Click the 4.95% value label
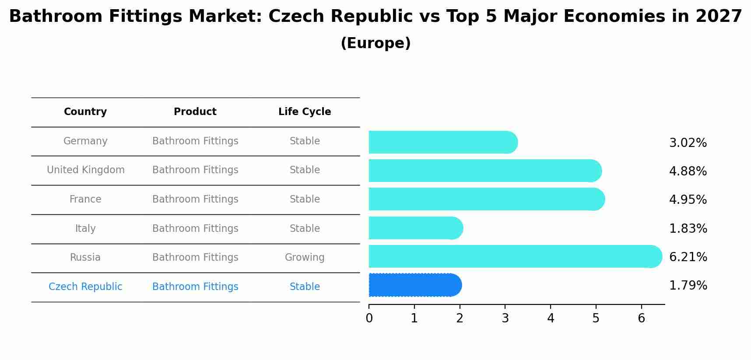coord(688,200)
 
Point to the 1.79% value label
coord(688,286)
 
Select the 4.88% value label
coord(688,171)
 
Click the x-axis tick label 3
coord(505,318)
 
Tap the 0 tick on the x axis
coord(369,318)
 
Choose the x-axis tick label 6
coord(641,318)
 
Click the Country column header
coord(85,112)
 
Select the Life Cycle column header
coord(305,112)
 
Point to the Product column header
coord(195,112)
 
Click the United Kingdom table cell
coord(86,170)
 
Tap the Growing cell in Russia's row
coord(305,258)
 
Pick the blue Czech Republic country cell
coord(85,287)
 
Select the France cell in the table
coord(85,199)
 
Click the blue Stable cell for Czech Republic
coord(305,287)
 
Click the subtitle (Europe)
coord(375,43)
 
